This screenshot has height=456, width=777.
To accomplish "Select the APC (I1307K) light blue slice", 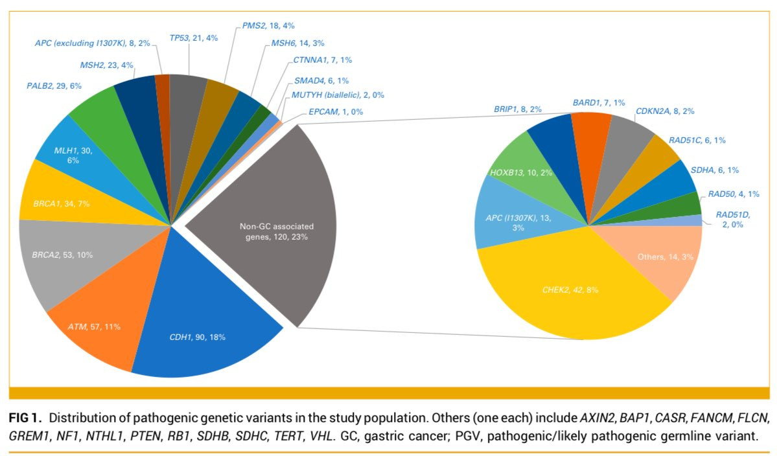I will (512, 220).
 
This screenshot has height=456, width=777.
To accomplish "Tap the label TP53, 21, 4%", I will (194, 38).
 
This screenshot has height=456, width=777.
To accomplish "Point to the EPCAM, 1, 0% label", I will (336, 112).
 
